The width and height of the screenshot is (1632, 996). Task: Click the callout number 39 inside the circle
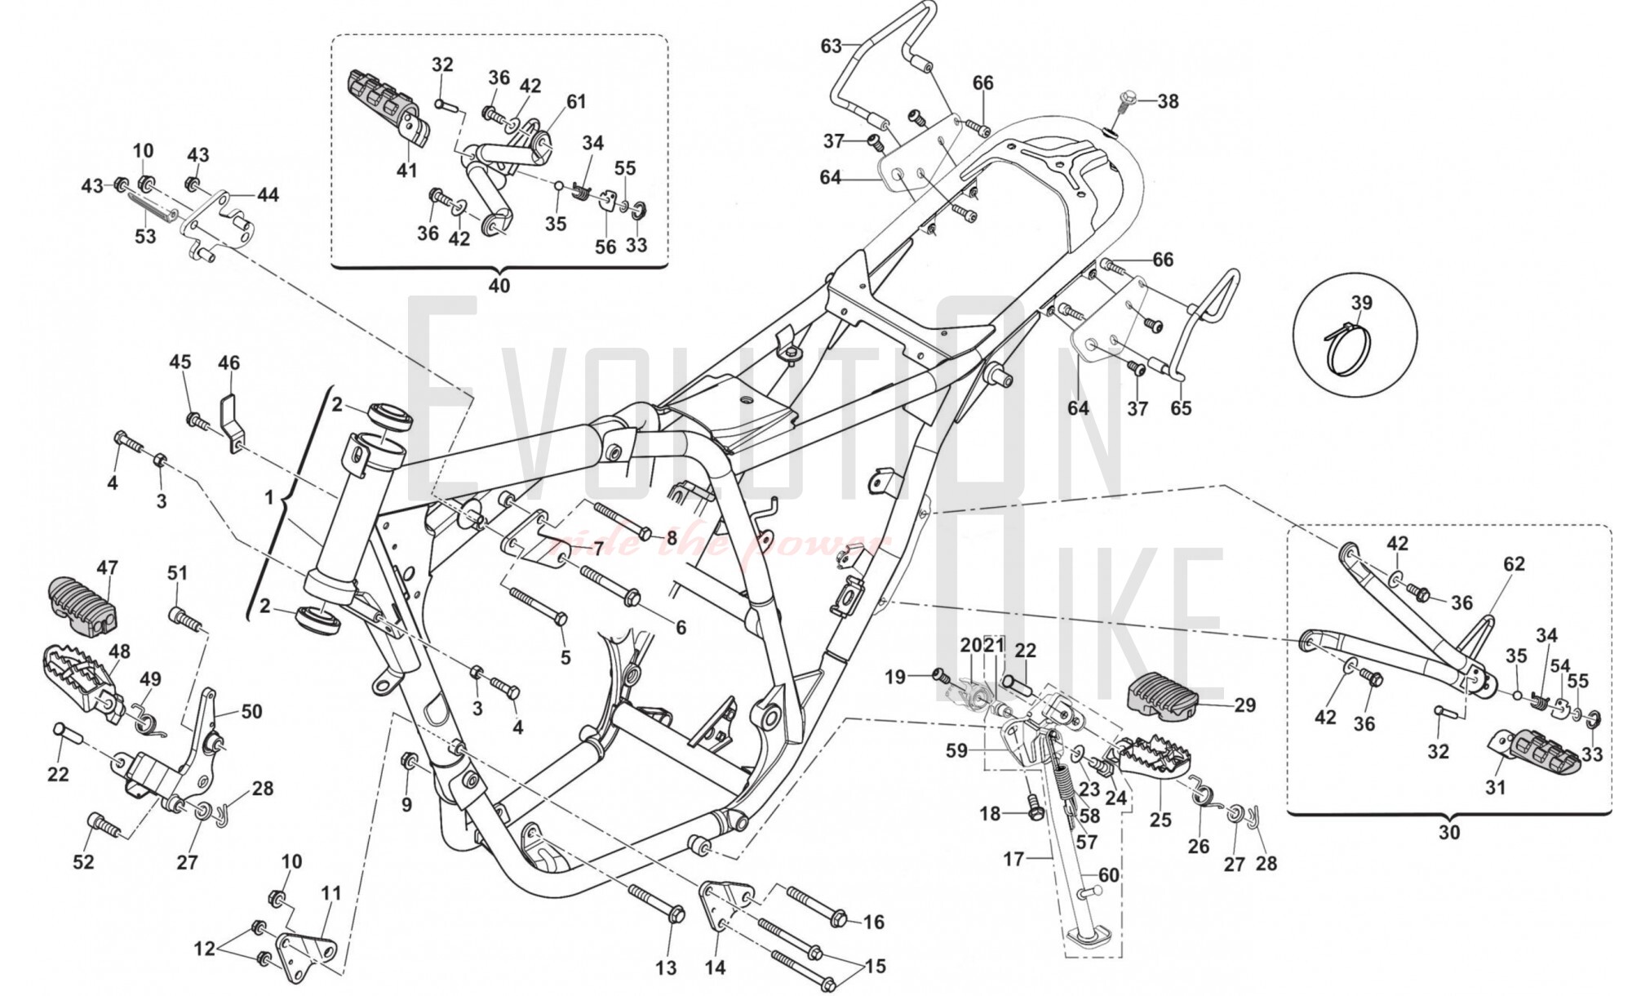coord(1361,303)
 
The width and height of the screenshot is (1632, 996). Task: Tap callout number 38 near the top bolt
coord(1169,101)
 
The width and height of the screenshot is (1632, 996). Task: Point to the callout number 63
coord(831,46)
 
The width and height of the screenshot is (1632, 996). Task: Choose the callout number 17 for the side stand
coord(1013,859)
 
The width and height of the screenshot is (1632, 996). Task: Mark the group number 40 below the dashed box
coord(499,286)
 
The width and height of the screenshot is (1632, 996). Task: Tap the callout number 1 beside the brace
coord(269,496)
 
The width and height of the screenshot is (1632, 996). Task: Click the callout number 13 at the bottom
coord(666,968)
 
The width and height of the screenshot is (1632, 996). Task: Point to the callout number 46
coord(229,363)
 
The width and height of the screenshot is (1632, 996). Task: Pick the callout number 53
coord(144,237)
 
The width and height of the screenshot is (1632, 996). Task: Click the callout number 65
coord(1181,408)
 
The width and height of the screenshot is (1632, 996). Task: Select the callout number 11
coord(330,894)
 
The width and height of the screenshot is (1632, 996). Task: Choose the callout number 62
coord(1514,564)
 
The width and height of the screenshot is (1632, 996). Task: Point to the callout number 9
coord(406,804)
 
